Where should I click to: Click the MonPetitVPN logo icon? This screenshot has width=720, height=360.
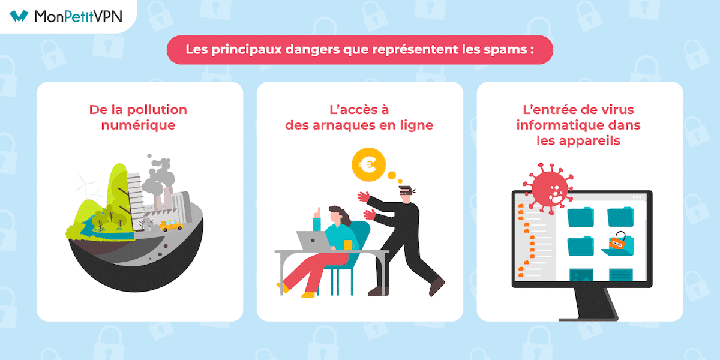(19, 16)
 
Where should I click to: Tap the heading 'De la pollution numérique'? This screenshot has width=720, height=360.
(138, 117)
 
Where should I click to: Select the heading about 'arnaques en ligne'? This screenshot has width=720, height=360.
(360, 117)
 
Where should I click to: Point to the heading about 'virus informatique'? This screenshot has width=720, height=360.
(580, 125)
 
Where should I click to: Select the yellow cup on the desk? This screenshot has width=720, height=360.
(347, 245)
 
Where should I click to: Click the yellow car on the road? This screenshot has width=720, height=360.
(171, 226)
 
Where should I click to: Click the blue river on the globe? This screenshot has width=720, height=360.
(102, 231)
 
